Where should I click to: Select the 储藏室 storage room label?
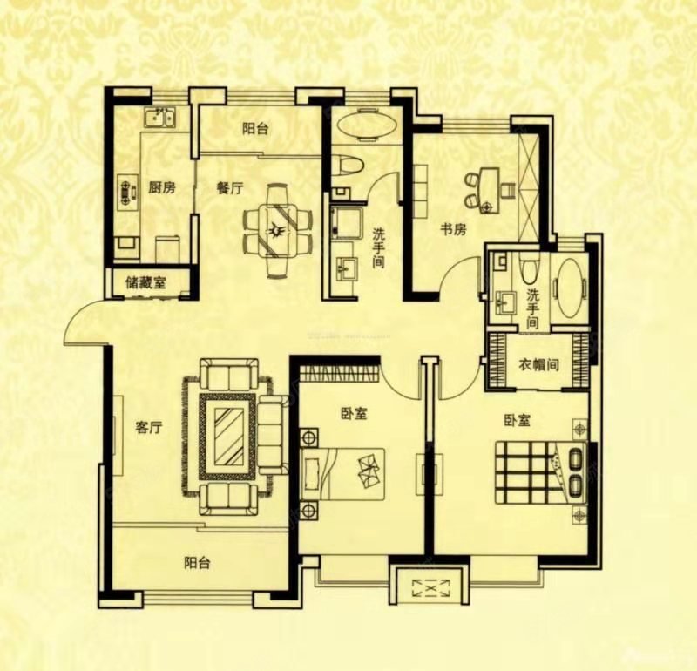(x=146, y=282)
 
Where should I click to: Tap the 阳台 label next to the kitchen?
(x=254, y=129)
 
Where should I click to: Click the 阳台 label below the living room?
(x=197, y=563)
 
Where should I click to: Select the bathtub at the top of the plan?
(x=364, y=125)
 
